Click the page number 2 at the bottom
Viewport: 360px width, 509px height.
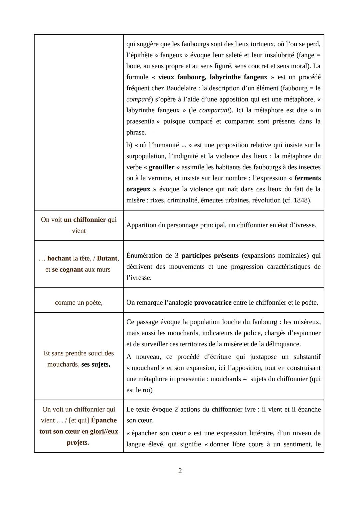pyautogui.click(x=180, y=471)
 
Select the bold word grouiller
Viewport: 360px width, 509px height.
pyautogui.click(x=161, y=167)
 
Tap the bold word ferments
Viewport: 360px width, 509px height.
pyautogui.click(x=307, y=178)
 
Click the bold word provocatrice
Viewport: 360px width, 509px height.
pyautogui.click(x=213, y=302)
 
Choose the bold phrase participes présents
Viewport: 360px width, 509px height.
pyautogui.click(x=210, y=255)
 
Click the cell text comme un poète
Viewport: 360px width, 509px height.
pyautogui.click(x=79, y=302)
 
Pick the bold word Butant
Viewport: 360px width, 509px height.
pyautogui.click(x=107, y=258)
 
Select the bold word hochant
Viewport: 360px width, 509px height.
pyautogui.click(x=59, y=258)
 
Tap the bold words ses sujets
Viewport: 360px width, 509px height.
pyautogui.click(x=95, y=364)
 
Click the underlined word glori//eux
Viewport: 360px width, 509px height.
pyautogui.click(x=104, y=431)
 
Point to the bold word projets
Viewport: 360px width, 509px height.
pyautogui.click(x=78, y=442)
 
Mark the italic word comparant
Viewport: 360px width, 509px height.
pyautogui.click(x=214, y=110)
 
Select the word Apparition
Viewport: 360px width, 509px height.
pyautogui.click(x=141, y=225)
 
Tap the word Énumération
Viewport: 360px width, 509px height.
pyautogui.click(x=144, y=255)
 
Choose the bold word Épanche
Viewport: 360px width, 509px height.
pyautogui.click(x=104, y=420)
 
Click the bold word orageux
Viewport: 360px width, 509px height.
pyautogui.click(x=138, y=189)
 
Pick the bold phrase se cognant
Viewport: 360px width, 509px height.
pyautogui.click(x=67, y=269)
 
